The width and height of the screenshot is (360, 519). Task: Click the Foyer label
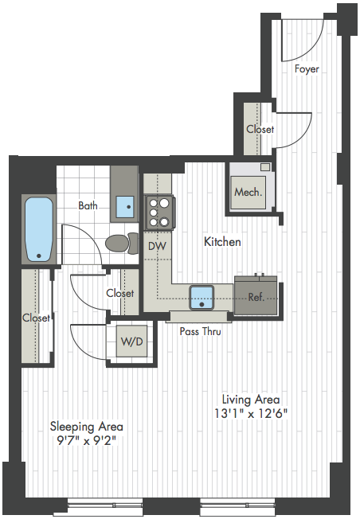307,69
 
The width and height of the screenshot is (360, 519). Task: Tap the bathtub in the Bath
39,229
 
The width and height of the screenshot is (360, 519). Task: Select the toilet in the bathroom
122,244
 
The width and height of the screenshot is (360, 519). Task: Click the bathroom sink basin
125,207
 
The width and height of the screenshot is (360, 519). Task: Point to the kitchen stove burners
158,213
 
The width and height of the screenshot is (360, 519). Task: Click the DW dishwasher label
157,246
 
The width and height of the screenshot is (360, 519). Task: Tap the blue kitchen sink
202,297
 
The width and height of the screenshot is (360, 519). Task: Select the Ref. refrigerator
256,295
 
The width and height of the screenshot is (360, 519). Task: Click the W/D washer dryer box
131,341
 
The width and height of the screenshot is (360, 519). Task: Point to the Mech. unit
248,192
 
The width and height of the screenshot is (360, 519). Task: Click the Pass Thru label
201,331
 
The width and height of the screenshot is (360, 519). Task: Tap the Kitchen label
222,242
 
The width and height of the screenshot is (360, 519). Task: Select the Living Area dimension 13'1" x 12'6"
251,413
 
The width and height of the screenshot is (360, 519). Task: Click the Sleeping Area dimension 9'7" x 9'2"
87,440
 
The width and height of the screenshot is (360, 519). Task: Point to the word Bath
88,205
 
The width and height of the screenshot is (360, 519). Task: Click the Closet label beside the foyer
260,129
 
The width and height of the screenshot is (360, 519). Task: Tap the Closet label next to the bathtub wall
36,318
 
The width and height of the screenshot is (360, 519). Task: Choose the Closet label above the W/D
120,293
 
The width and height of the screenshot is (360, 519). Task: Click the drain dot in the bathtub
39,256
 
